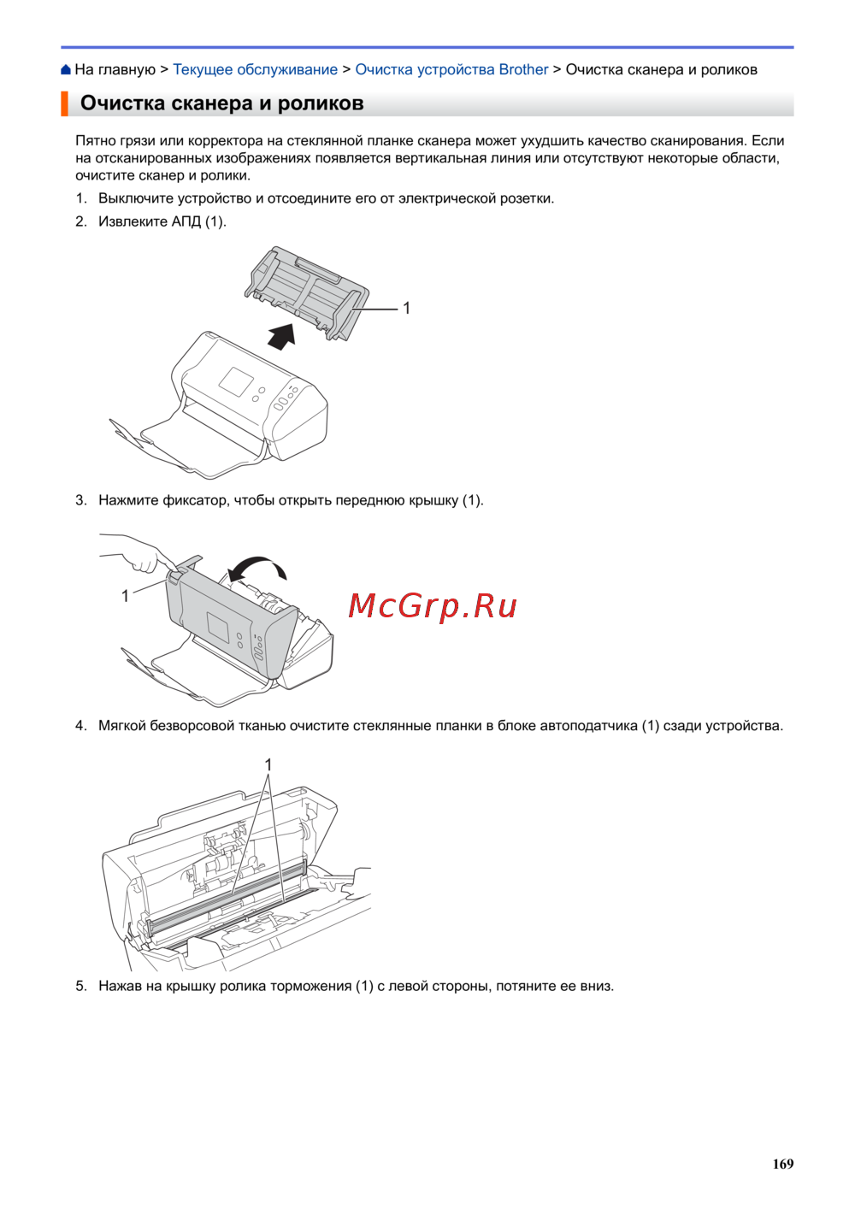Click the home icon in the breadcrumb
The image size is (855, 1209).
click(66, 69)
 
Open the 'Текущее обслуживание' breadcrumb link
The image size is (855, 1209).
click(255, 69)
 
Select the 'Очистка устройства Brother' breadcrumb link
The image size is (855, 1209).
click(451, 69)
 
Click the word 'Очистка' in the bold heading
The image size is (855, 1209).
click(122, 103)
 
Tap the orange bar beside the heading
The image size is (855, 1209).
click(64, 103)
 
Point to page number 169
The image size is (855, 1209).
click(782, 1164)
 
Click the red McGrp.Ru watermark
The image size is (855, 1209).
click(433, 606)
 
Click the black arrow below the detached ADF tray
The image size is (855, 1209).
click(282, 336)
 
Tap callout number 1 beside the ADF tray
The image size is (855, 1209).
click(406, 308)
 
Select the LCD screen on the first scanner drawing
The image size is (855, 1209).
click(237, 383)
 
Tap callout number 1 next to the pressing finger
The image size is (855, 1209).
click(125, 596)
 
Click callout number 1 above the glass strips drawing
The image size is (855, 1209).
click(268, 764)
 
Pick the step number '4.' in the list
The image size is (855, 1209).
click(81, 726)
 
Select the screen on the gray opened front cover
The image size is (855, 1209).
click(222, 627)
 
